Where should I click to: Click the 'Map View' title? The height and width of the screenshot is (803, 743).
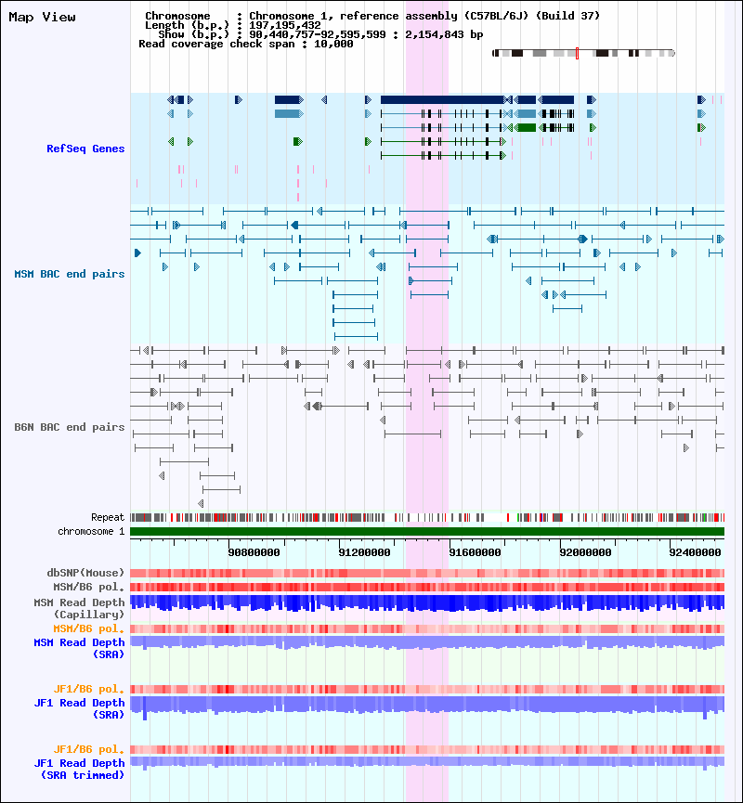tap(42, 17)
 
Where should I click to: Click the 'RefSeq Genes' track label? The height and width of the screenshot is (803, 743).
tap(85, 149)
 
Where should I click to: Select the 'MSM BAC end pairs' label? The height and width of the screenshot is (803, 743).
tap(69, 274)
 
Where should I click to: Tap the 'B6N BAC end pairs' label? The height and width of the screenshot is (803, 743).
tap(69, 427)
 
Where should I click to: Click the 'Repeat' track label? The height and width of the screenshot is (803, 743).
tap(108, 517)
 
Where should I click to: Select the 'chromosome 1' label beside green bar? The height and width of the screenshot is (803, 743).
tap(91, 531)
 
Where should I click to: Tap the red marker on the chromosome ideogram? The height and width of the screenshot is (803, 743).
tap(577, 53)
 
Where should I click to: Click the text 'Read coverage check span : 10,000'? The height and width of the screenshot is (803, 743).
tap(245, 44)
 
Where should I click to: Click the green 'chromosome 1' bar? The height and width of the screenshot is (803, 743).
tap(427, 531)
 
